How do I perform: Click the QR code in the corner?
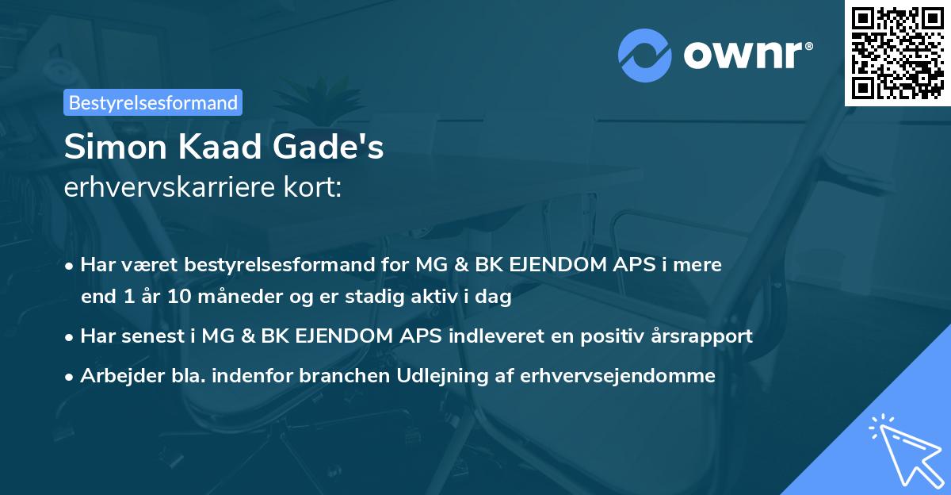(x=898, y=53)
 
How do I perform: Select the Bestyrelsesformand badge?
(x=153, y=102)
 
